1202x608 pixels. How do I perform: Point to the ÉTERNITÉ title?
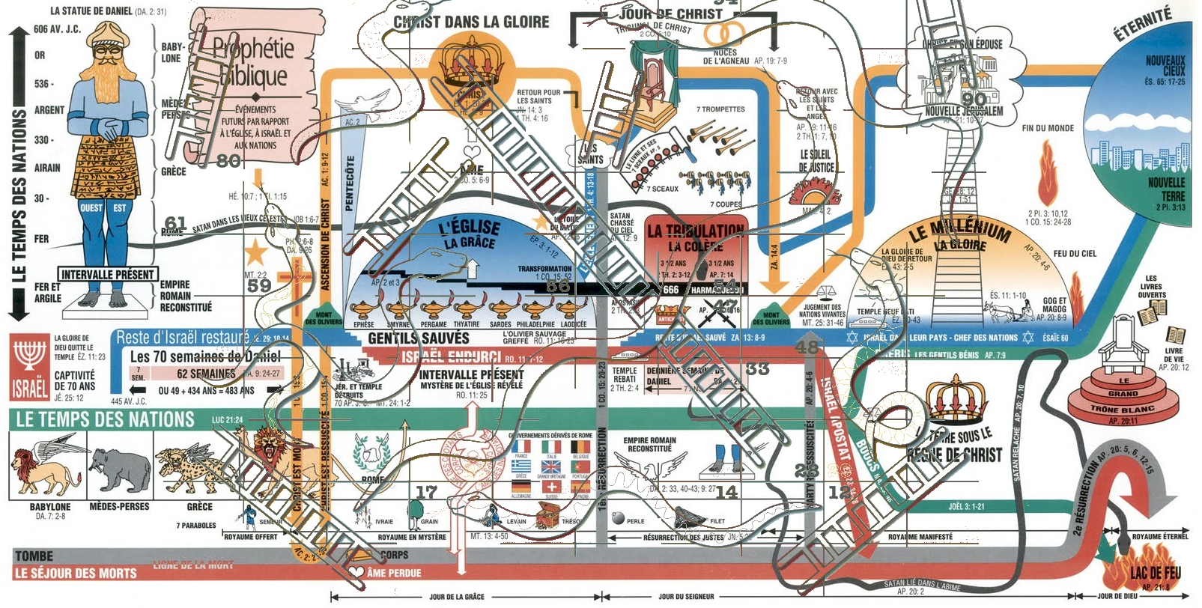point(1141,26)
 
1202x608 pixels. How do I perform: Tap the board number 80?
point(228,161)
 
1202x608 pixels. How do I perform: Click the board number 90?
point(974,99)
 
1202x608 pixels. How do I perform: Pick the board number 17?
point(427,492)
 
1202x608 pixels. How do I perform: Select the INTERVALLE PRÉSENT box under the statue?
point(108,275)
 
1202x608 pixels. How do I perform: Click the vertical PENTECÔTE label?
point(350,183)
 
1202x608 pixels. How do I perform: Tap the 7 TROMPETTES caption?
point(720,109)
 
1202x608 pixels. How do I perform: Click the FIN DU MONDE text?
point(1048,128)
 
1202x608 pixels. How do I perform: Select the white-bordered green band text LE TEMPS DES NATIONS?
point(105,420)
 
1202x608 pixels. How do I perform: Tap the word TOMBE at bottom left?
point(34,556)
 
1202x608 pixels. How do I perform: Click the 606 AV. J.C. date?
point(57,29)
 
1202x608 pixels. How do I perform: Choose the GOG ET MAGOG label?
point(1054,305)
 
